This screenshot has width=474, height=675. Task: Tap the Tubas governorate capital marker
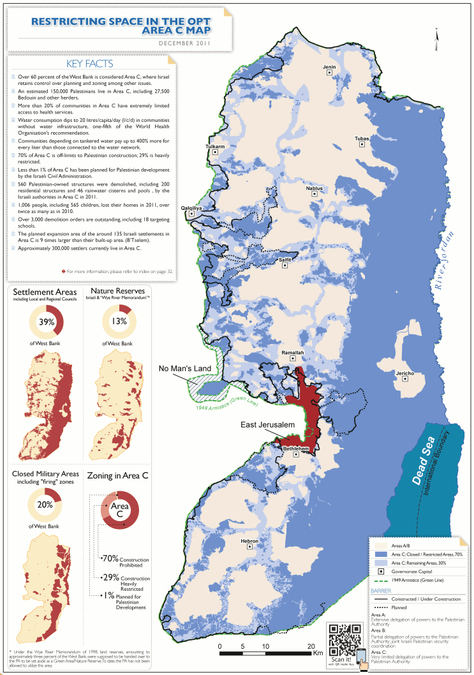coord(362,145)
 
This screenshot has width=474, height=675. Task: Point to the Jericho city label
coord(405,373)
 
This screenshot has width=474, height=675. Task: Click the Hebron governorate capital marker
coord(250,548)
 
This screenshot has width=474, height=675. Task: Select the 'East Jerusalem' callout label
coord(267,425)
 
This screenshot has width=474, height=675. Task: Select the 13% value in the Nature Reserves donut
coord(118,322)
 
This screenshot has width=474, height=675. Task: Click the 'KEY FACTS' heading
coord(89,64)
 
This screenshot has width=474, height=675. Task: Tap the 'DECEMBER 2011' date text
coord(184,43)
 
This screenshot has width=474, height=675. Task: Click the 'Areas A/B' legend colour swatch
coord(380,546)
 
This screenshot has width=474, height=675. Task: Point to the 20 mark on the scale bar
coord(311,646)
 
